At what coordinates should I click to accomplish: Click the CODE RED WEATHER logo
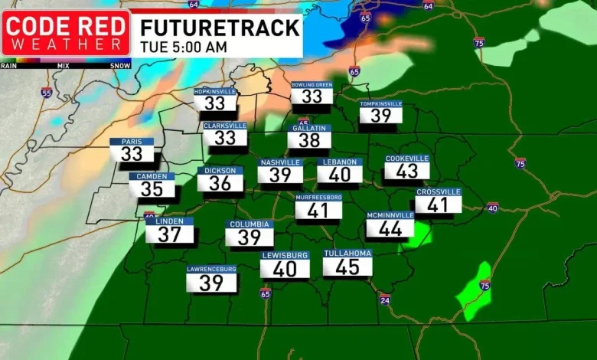pos(66,33)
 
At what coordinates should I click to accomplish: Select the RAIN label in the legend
pos(9,65)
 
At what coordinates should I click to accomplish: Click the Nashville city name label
pos(280,162)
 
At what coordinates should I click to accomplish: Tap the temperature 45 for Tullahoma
pos(347,267)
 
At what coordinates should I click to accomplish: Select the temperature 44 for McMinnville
pos(390,227)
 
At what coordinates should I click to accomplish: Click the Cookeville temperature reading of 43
pos(407,172)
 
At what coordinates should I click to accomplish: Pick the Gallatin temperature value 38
pos(309,140)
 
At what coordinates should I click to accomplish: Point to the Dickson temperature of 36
pos(220,183)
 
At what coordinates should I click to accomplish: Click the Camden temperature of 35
pos(152,188)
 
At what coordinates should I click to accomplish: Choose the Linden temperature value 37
pos(169,234)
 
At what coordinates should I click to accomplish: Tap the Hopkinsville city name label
pos(215,91)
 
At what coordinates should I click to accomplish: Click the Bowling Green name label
pos(312,85)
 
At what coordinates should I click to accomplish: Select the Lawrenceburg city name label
pos(211,269)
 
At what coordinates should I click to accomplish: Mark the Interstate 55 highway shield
pos(47,93)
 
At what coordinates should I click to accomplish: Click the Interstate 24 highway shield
pos(384,298)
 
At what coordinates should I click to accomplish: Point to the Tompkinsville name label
pos(381,103)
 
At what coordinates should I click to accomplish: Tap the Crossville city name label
pos(439,191)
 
